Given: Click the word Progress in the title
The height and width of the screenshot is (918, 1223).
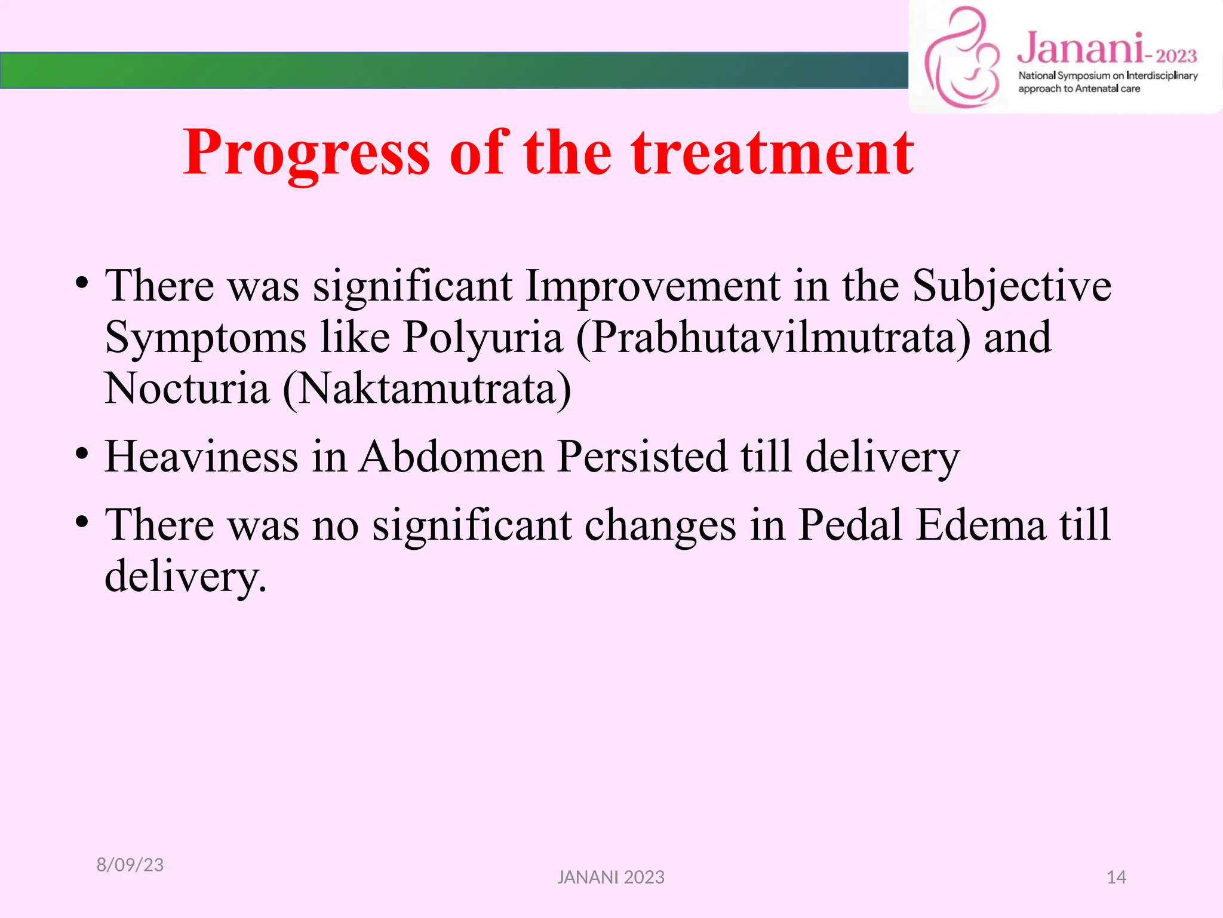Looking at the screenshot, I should point(306,154).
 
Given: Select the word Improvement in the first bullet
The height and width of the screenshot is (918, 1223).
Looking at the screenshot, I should point(652,286).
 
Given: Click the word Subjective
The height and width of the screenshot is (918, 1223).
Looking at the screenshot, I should point(1012,286).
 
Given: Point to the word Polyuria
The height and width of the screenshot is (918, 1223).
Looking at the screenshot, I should point(483,338).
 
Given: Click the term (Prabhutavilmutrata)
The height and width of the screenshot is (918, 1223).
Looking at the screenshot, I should point(773,338).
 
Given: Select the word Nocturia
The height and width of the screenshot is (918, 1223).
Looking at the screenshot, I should point(187,389).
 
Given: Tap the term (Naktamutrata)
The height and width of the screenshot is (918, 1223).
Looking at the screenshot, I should point(427,389).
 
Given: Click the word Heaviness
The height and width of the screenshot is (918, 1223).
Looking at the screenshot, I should point(201,457).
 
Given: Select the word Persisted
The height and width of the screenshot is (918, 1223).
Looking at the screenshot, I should point(642,457).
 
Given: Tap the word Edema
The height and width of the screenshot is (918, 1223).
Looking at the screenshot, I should point(981,525).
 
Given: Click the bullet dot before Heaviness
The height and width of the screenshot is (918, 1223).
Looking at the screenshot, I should point(82,454).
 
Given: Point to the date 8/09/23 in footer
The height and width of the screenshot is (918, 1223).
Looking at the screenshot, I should point(130,865).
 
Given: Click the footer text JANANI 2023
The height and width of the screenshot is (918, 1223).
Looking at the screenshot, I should point(611,877).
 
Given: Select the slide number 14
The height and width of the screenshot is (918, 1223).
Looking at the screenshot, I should point(1116,877).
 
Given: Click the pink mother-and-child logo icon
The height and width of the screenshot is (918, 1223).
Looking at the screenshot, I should point(961,58).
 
